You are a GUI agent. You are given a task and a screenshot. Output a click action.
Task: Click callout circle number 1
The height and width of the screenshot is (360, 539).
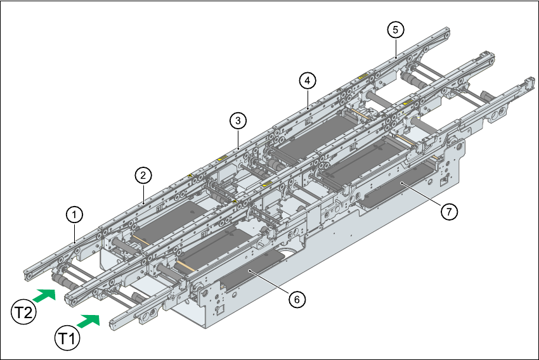(75, 215)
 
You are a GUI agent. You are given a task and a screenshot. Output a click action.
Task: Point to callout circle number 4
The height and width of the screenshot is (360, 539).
(307, 80)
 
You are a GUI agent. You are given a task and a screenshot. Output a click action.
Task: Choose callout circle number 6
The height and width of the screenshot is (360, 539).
(296, 299)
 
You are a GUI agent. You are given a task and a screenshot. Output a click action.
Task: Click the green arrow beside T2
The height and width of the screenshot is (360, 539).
(45, 295)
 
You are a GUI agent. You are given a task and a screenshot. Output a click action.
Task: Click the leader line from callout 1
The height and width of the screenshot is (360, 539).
(75, 232)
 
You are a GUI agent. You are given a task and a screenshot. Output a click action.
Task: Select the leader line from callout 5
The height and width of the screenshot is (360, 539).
(396, 46)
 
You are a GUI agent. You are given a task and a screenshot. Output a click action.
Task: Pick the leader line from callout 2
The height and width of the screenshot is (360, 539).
(145, 191)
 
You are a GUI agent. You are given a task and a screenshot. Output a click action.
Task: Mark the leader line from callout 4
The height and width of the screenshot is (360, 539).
(307, 96)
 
